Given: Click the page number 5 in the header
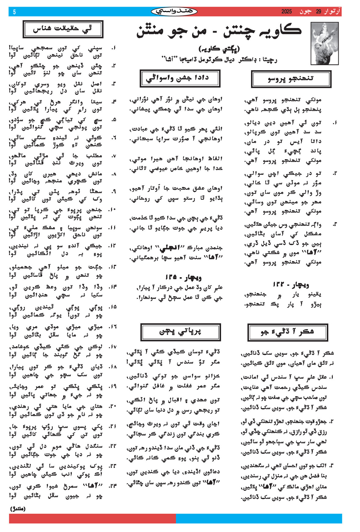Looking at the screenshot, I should [x=14, y=12].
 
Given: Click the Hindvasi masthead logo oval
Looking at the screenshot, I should [x=174, y=12].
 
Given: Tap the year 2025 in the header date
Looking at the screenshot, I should [x=286, y=12].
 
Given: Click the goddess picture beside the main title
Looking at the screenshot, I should [x=324, y=43].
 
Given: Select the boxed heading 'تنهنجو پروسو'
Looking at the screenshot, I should [x=291, y=79].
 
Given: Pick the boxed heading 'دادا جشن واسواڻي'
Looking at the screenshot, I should [x=180, y=78].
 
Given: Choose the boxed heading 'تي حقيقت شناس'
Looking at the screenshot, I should [x=63, y=29].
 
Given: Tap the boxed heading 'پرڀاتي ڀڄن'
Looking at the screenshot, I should [x=180, y=332].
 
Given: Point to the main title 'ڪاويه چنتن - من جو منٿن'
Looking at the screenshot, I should [x=219, y=31].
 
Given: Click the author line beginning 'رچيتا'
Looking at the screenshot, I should [x=219, y=59].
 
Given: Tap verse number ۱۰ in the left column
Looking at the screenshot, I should [x=112, y=210].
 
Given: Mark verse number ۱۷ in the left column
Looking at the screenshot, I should [x=112, y=347].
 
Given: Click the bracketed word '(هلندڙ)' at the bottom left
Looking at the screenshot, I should [x=18, y=509].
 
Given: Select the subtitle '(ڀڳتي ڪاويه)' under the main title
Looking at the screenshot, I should [x=219, y=49].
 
